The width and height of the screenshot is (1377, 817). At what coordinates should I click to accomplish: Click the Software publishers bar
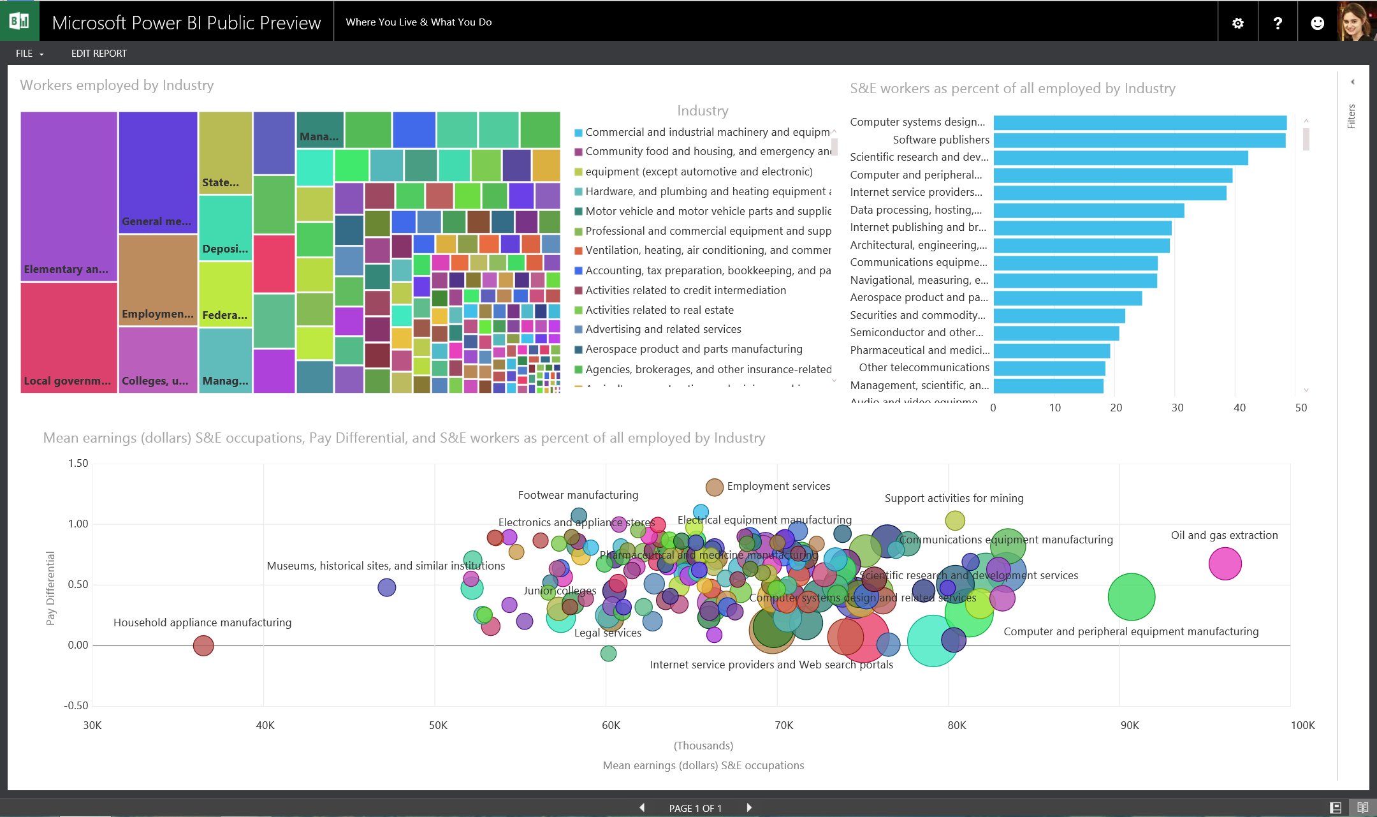[x=1139, y=140]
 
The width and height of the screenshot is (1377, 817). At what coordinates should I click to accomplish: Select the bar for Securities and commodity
[x=1059, y=316]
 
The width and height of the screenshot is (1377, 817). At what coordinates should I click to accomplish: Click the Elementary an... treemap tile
[x=69, y=196]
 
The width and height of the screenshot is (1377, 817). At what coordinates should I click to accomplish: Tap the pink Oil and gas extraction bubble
[x=1225, y=564]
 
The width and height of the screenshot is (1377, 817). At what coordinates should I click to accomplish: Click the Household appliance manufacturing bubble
[x=203, y=645]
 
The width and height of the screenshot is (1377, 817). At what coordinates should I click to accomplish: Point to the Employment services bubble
[x=714, y=487]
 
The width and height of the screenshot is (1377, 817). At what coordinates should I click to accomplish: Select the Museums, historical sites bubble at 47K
[x=386, y=587]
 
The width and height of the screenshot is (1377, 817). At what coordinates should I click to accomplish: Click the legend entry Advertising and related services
[x=663, y=329]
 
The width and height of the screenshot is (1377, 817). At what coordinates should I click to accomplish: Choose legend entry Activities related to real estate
[x=659, y=310]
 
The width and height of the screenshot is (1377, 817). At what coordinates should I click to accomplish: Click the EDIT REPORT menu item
[x=99, y=54]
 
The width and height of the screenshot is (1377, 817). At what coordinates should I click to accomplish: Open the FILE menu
[x=29, y=54]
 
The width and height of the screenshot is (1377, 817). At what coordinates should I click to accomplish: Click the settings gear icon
[x=1237, y=23]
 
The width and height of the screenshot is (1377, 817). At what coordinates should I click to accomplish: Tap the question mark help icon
[x=1278, y=23]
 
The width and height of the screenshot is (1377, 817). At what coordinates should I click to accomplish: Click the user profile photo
[x=1356, y=22]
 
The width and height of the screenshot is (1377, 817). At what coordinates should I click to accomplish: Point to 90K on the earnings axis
[x=1130, y=725]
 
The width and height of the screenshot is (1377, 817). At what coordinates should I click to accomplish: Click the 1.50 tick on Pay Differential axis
[x=78, y=464]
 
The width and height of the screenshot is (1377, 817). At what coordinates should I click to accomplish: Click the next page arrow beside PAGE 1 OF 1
[x=749, y=807]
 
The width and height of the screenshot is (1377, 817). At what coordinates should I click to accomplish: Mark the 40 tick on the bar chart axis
[x=1239, y=408]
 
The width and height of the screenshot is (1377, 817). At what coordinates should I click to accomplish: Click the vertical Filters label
[x=1351, y=116]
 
